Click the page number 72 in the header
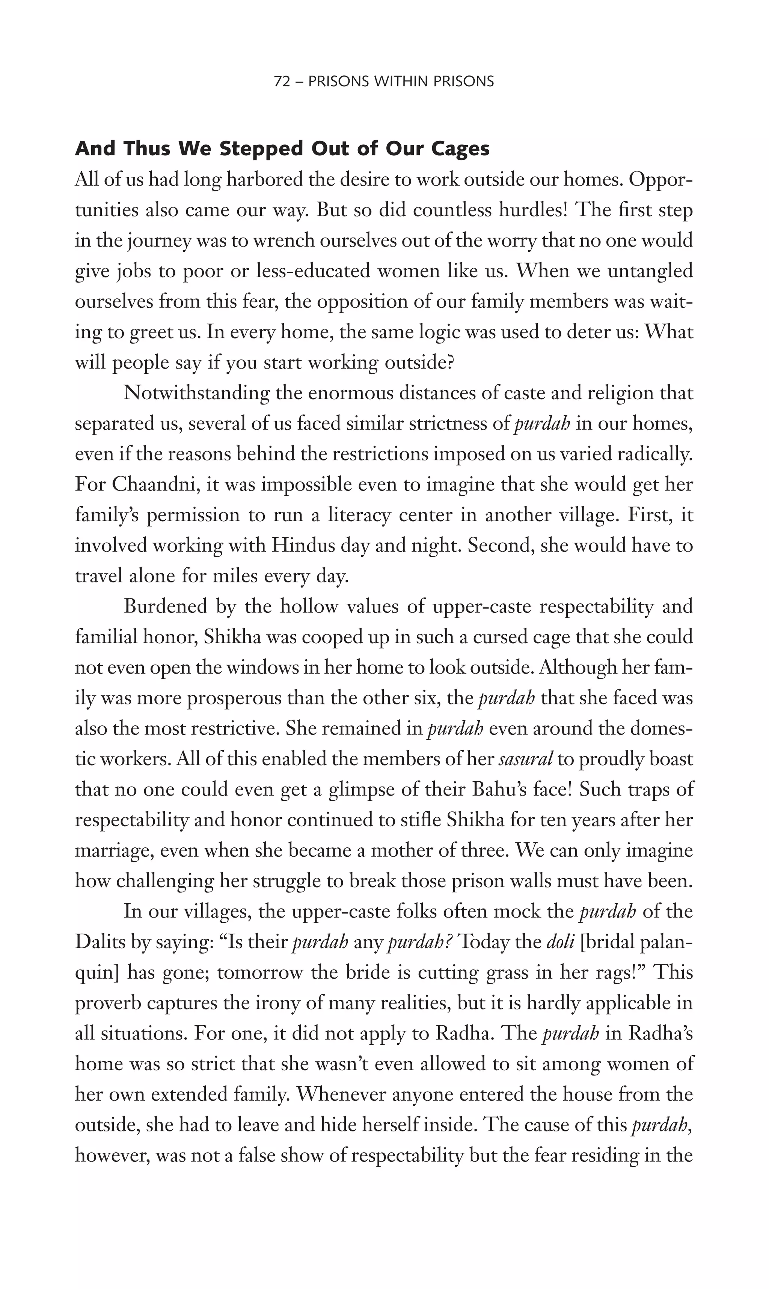(281, 81)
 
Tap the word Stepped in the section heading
(257, 149)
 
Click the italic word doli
(561, 942)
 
